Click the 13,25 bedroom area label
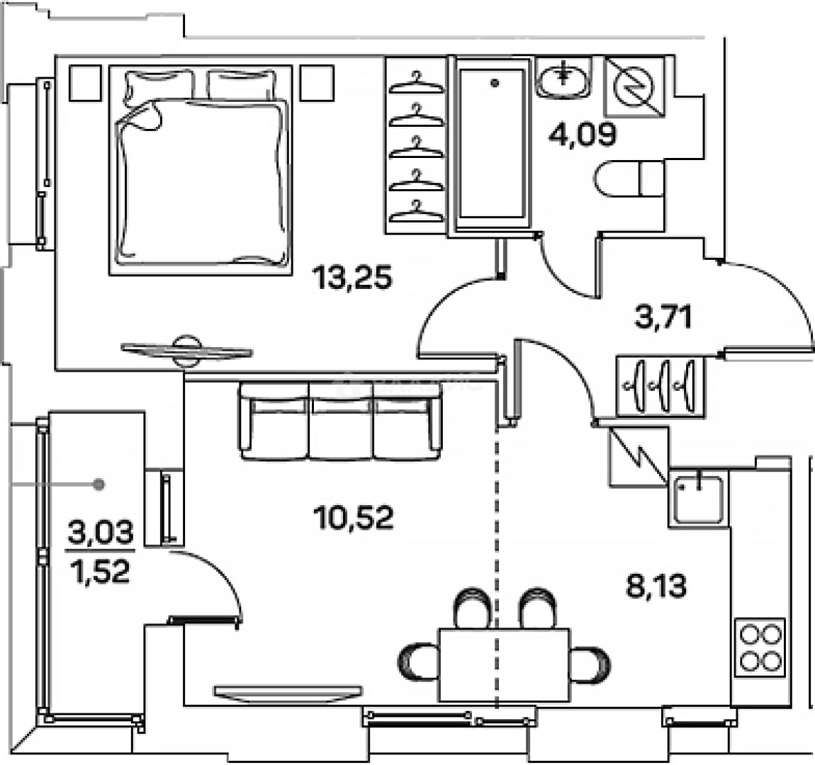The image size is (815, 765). [353, 278]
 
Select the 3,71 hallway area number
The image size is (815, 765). [663, 317]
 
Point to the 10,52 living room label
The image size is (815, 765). [353, 518]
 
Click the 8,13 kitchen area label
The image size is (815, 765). [656, 586]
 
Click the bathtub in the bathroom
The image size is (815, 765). [493, 145]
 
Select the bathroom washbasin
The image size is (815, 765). [563, 77]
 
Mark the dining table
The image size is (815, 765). [504, 664]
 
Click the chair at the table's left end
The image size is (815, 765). [417, 663]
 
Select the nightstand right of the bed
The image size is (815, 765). [317, 83]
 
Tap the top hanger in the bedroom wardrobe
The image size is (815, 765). [416, 81]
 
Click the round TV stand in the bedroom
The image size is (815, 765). [187, 351]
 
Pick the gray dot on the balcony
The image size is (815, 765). [100, 484]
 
